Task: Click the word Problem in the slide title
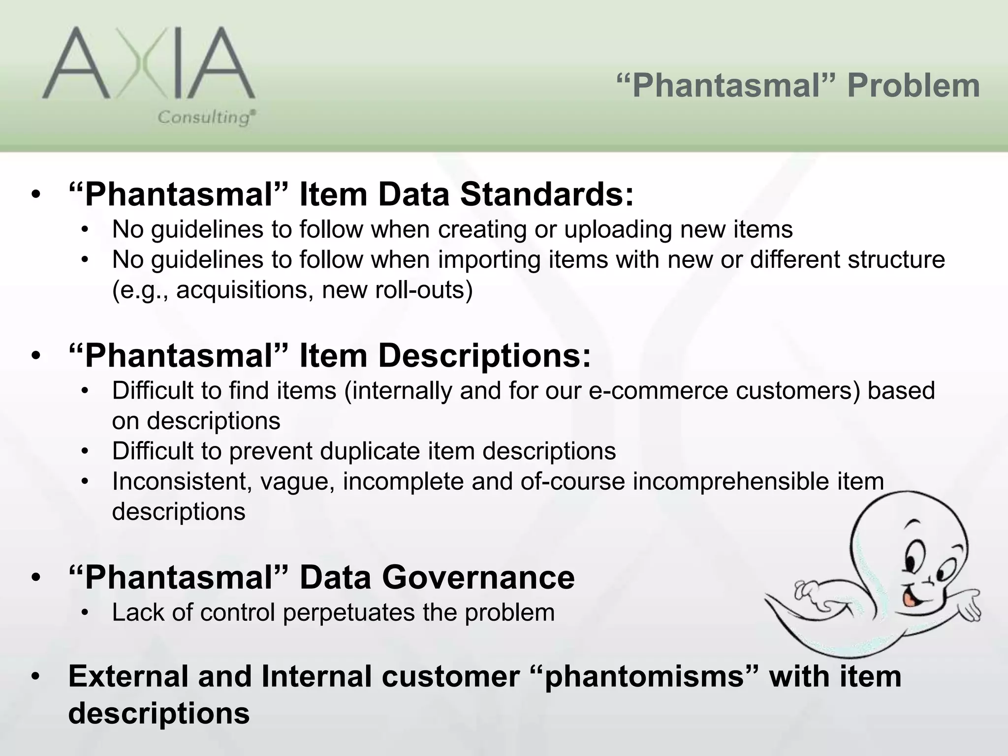(913, 86)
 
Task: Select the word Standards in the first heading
(547, 194)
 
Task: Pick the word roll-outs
(423, 290)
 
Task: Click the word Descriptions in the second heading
(484, 355)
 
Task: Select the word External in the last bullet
(128, 676)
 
